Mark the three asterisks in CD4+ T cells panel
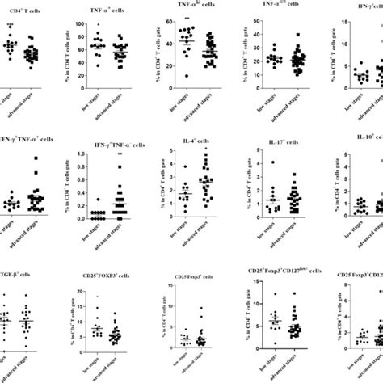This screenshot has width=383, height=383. tap(11, 26)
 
